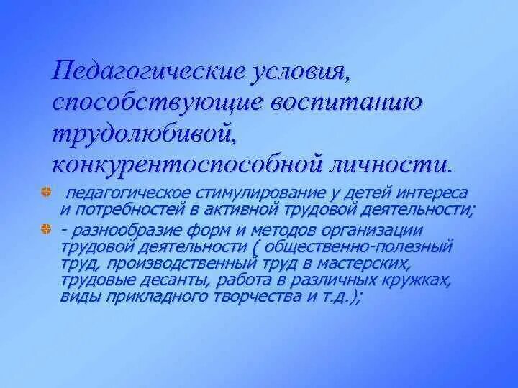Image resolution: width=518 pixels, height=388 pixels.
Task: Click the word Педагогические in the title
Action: pos(144,72)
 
